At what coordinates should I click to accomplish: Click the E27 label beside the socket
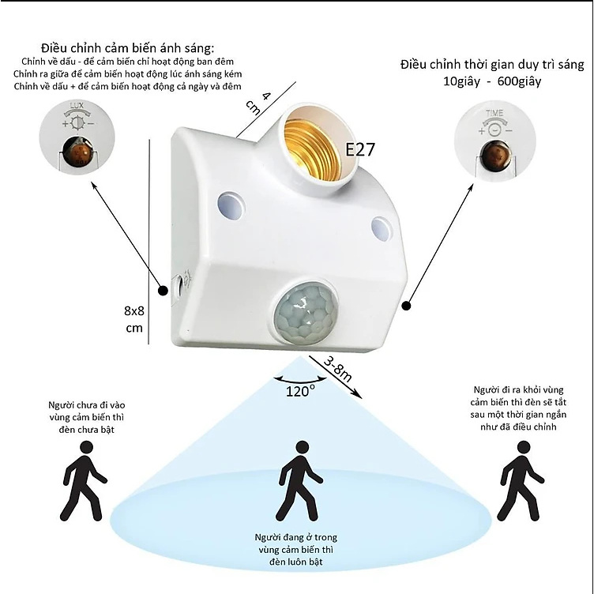(x=360, y=149)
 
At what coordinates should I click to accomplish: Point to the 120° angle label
(x=300, y=391)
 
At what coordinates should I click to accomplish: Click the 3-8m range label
(x=337, y=369)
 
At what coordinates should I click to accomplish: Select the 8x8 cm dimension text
(x=134, y=319)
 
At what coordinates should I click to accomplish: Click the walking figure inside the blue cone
(x=301, y=481)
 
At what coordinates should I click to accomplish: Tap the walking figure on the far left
(x=84, y=481)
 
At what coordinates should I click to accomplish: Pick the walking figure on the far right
(x=520, y=481)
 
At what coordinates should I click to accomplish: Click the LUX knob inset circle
(x=77, y=137)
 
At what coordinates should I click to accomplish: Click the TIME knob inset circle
(x=494, y=141)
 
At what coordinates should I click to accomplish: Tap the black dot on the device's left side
(x=163, y=291)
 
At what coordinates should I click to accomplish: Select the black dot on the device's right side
(x=407, y=306)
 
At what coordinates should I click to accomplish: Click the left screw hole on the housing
(x=231, y=205)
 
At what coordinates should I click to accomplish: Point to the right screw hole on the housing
(x=381, y=228)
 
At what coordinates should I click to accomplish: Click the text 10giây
(x=461, y=81)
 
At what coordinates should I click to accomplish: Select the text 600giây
(x=519, y=81)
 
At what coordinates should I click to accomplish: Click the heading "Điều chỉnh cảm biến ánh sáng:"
(x=128, y=48)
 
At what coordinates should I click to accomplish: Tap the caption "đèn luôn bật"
(x=296, y=562)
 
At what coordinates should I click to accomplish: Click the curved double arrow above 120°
(x=300, y=381)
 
